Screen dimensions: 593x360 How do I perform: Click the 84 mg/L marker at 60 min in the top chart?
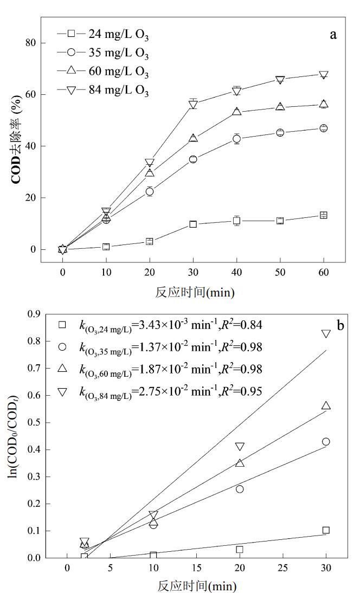pyautogui.click(x=324, y=75)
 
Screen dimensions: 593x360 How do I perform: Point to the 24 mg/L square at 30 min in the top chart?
pyautogui.click(x=193, y=224)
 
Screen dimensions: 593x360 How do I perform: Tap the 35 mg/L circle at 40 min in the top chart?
pyautogui.click(x=236, y=139)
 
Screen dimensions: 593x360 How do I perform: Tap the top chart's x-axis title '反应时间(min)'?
pyautogui.click(x=193, y=293)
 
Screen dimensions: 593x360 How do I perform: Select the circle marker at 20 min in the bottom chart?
pyautogui.click(x=240, y=489)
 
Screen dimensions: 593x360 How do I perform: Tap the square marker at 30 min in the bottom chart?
pyautogui.click(x=326, y=530)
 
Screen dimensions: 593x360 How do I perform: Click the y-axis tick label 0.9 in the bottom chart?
pyautogui.click(x=34, y=314)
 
